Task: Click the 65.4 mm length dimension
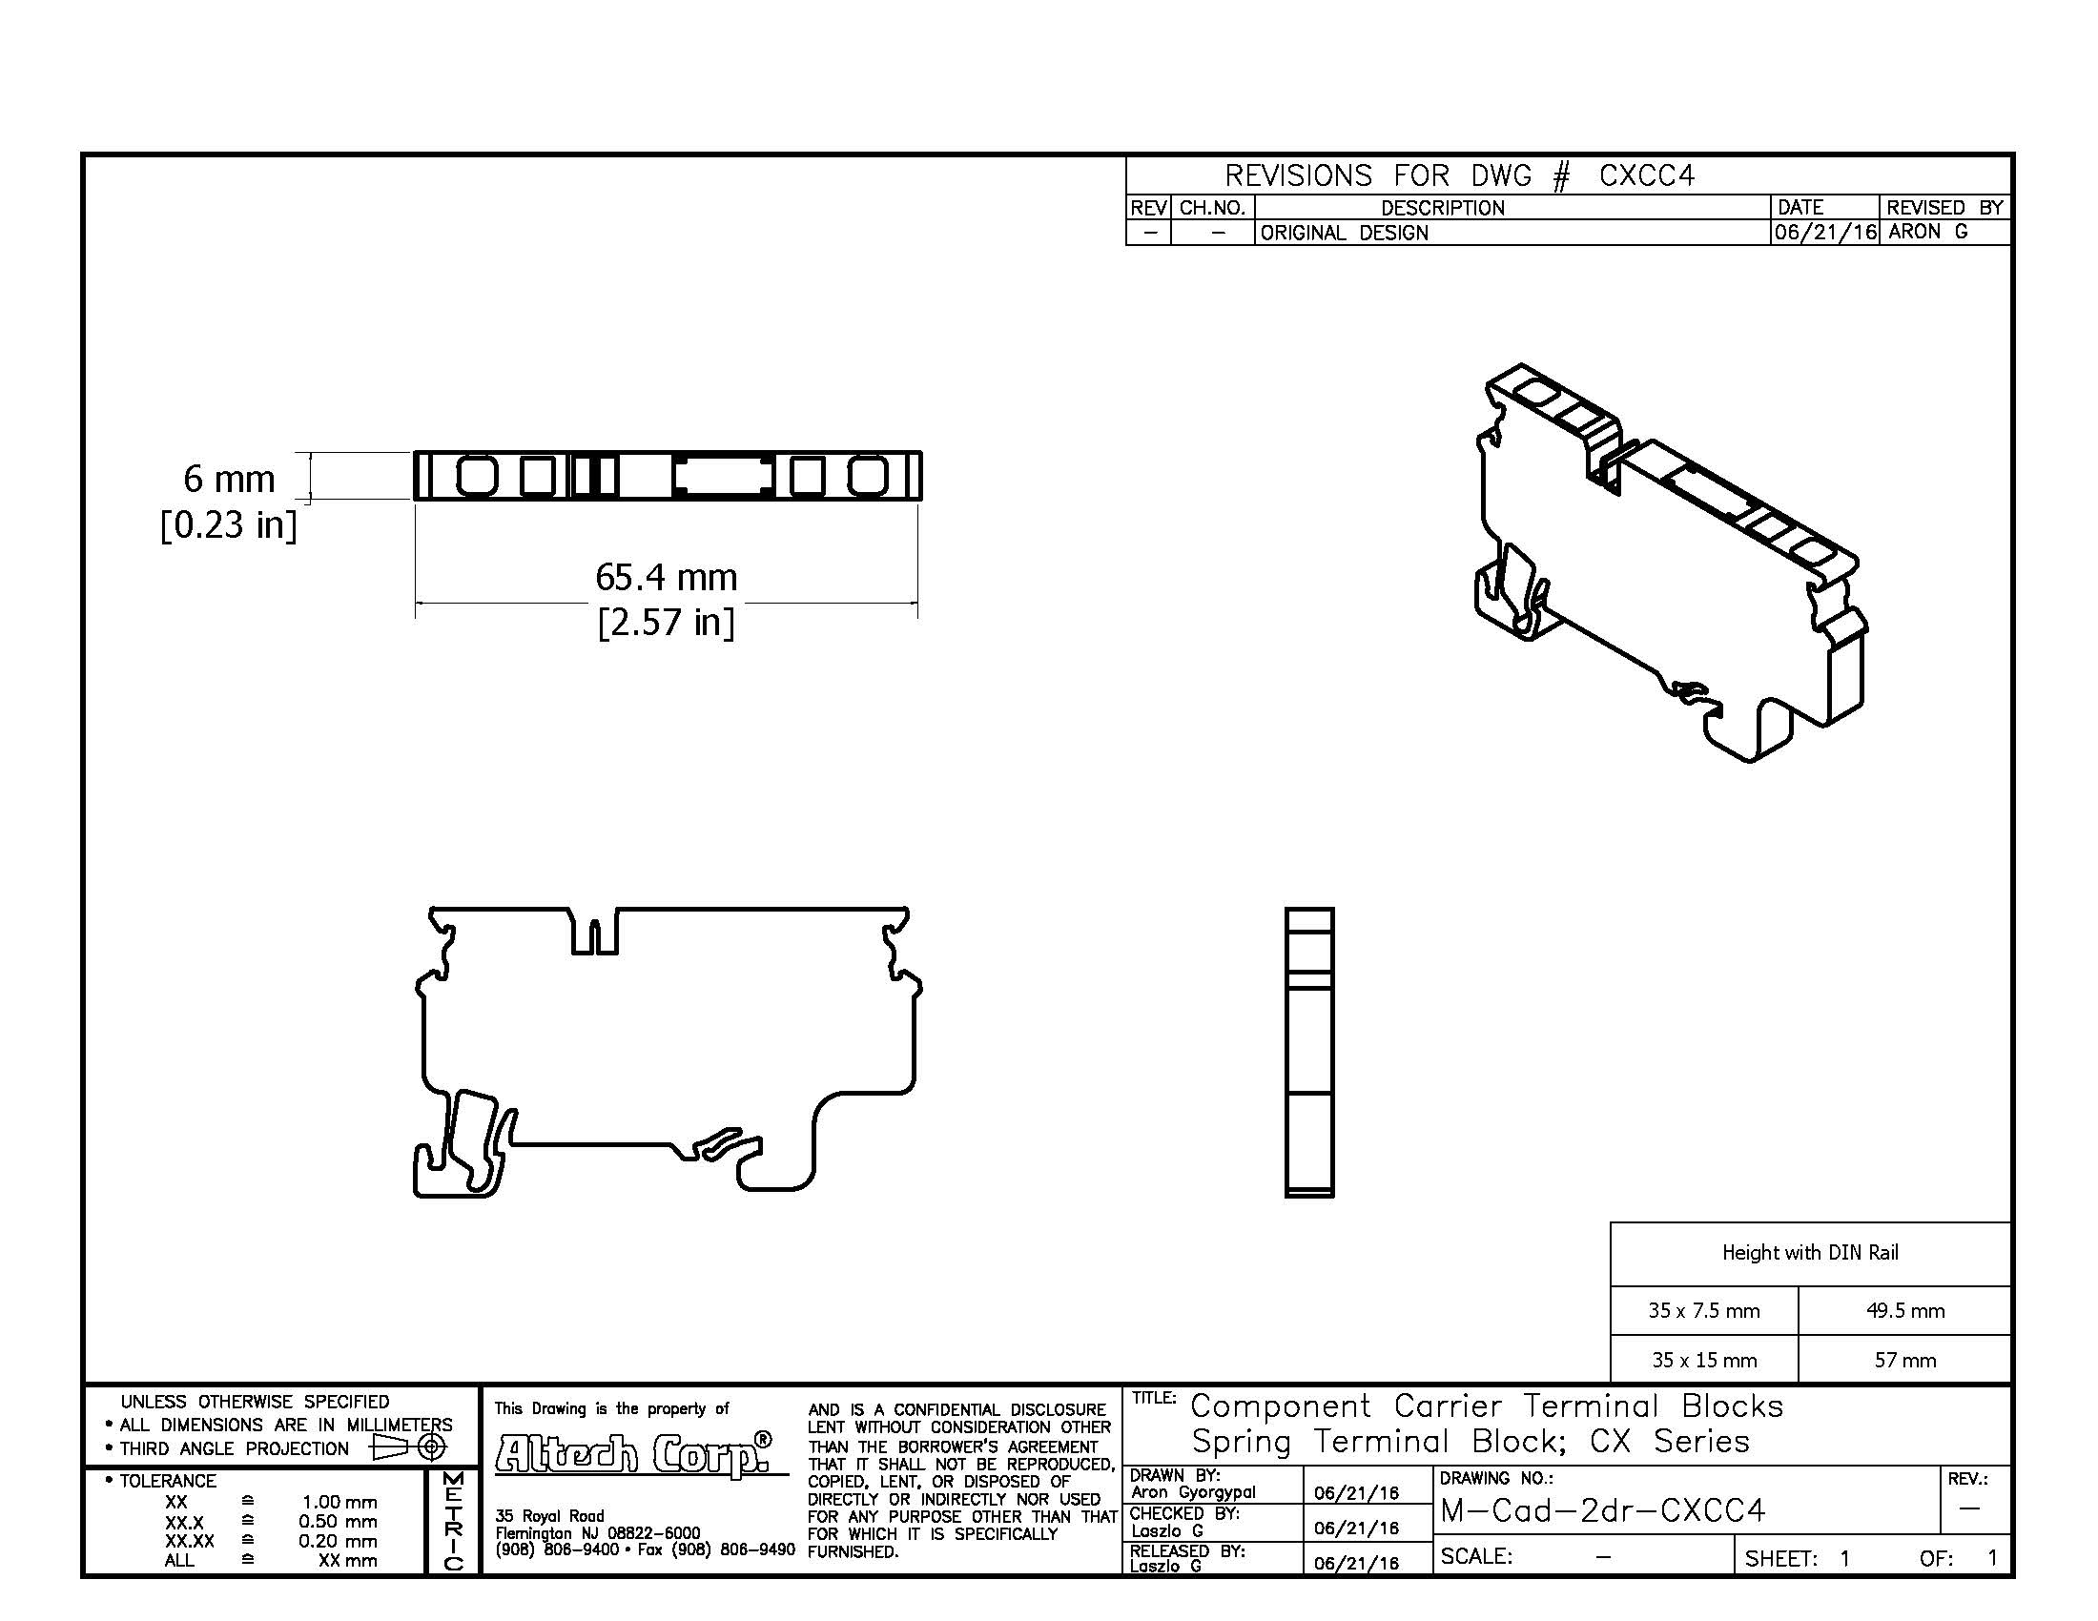point(666,577)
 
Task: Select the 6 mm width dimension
point(229,479)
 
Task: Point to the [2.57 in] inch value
point(666,623)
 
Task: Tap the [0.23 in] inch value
point(229,524)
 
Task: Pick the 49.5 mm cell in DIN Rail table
point(1905,1310)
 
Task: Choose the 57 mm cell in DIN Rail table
point(1905,1360)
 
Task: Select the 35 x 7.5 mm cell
point(1704,1310)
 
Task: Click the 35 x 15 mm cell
point(1704,1360)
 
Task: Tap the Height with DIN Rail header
point(1810,1252)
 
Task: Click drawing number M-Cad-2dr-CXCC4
point(1602,1510)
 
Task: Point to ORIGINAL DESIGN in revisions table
point(1344,233)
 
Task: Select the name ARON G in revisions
point(1928,232)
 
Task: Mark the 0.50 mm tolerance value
point(338,1521)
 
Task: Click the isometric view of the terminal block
point(1670,563)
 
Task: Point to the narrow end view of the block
point(1309,1053)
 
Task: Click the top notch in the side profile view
point(595,931)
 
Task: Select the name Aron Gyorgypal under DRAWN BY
point(1192,1491)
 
